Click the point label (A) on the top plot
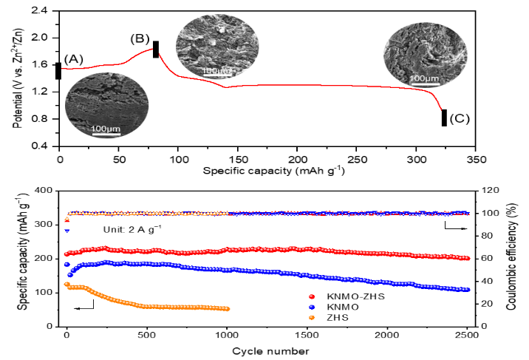pyautogui.click(x=74, y=59)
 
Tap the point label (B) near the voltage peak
pyautogui.click(x=140, y=38)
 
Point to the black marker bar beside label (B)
pyautogui.click(x=156, y=49)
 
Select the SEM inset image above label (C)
pyautogui.click(x=426, y=53)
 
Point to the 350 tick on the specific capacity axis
pyautogui.click(x=477, y=159)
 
